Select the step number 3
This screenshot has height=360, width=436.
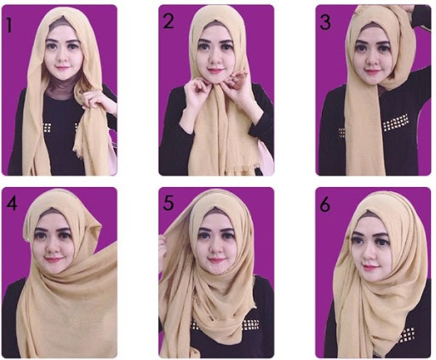pos(325,22)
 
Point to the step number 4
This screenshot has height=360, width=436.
pos(10,203)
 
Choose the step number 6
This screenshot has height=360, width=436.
pos(325,204)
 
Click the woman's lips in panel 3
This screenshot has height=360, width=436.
pos(372,72)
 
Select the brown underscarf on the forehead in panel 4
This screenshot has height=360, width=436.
pos(52,213)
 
